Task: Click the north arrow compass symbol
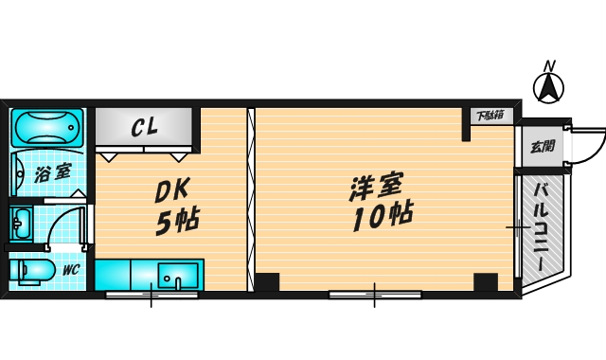547,90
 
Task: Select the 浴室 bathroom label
52,172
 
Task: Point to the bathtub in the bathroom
46,129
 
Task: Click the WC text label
70,270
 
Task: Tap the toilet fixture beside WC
32,271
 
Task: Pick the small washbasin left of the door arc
21,225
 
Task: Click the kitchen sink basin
177,278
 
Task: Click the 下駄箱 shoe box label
489,116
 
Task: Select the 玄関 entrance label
543,147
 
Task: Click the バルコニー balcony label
543,227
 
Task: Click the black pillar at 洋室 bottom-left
268,281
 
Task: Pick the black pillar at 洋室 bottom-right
485,281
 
